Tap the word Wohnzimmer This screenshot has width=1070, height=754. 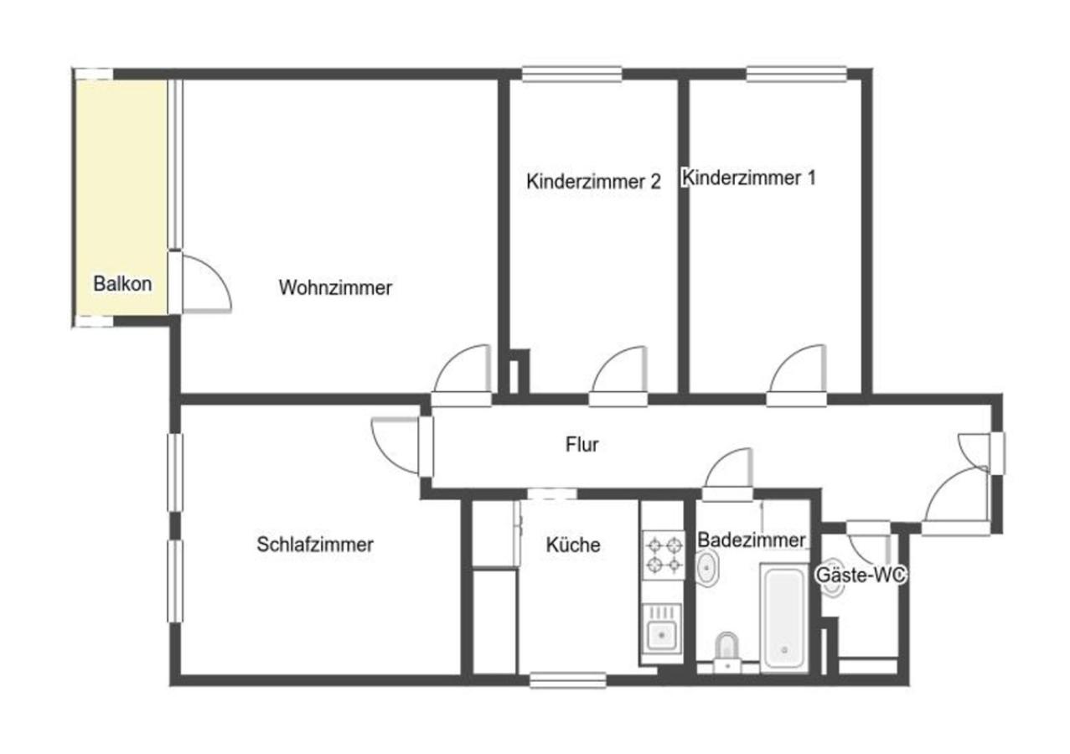[335, 287]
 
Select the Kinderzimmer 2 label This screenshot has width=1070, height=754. [593, 181]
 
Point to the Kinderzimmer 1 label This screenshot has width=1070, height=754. [749, 178]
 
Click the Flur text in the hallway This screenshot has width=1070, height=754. [582, 445]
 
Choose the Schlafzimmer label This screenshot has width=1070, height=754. [314, 545]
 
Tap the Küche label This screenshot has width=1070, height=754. [573, 545]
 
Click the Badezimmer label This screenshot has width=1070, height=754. [751, 540]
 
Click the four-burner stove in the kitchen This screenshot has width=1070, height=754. [664, 555]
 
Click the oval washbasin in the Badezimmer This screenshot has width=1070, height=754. [707, 570]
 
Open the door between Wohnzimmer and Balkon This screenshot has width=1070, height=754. [204, 285]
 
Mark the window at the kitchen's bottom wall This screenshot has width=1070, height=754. [567, 680]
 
